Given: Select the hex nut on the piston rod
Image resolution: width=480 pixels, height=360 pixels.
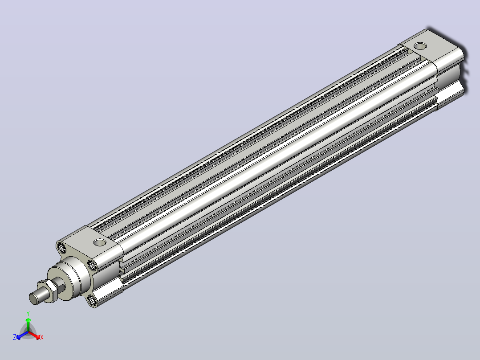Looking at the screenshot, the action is click(50, 290).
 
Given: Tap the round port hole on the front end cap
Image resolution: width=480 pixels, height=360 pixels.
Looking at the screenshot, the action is click(100, 242).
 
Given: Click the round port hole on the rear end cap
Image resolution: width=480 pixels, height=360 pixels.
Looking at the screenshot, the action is click(420, 46).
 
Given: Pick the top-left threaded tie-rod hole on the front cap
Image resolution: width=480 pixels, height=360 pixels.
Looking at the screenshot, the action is click(61, 247).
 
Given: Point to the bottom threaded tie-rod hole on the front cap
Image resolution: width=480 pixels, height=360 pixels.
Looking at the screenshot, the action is click(93, 300).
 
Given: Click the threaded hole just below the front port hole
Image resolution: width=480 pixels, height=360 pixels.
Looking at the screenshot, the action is click(93, 265).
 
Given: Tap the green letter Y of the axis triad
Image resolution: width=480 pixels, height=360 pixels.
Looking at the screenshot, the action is click(28, 313).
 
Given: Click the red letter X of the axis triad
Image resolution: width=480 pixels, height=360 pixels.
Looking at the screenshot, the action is click(42, 337).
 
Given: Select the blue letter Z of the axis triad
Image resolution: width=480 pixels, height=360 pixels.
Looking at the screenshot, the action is click(15, 337).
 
